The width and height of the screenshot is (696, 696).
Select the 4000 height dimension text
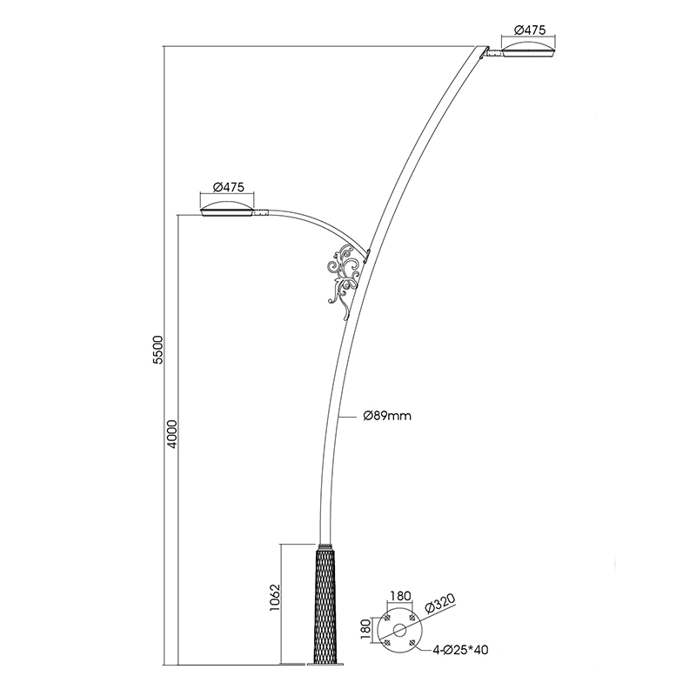172,433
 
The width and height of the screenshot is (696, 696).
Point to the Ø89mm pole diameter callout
387,416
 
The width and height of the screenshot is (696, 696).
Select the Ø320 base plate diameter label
440,605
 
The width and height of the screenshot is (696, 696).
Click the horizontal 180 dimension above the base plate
400,598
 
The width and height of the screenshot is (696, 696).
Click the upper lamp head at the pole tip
527,50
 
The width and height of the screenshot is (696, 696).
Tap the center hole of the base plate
400,630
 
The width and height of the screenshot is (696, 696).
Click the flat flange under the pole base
324,666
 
